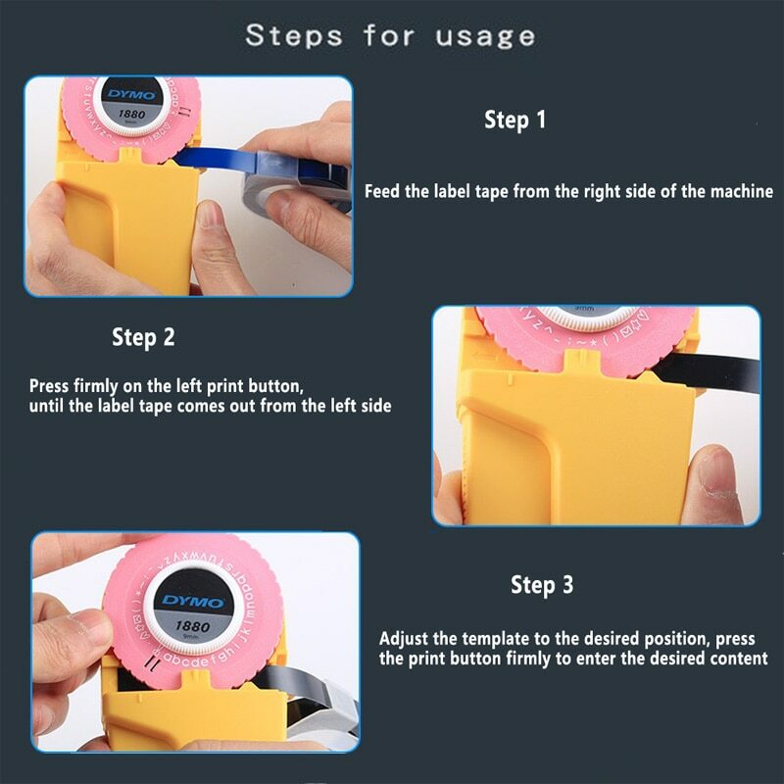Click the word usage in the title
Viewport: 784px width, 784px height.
coord(480,36)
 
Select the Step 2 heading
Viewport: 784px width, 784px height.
coord(143,338)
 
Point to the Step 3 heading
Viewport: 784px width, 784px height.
coord(541,585)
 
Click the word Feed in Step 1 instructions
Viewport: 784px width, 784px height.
coord(382,192)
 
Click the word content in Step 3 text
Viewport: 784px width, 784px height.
coord(737,659)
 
